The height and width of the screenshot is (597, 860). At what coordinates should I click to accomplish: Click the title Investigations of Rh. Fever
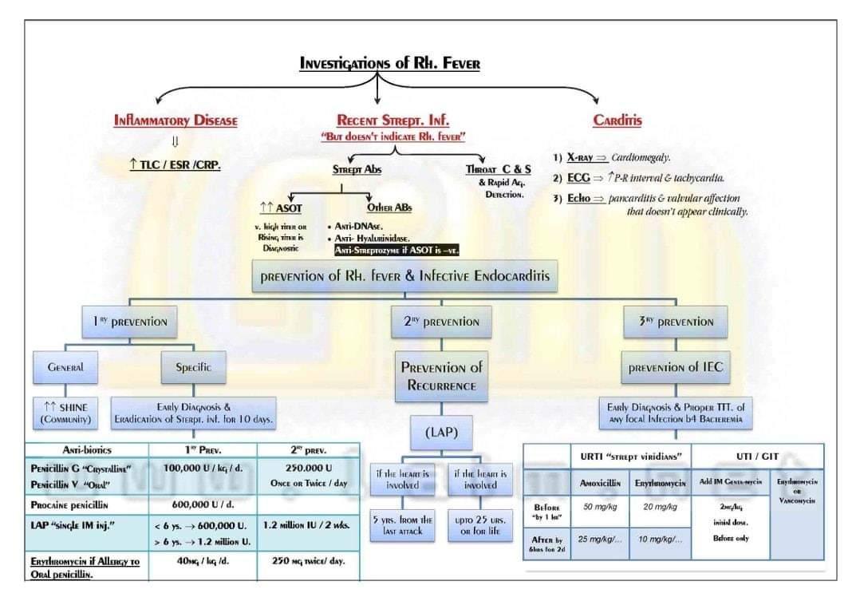coord(389,62)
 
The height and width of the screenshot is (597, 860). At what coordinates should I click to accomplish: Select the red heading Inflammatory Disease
coord(176,121)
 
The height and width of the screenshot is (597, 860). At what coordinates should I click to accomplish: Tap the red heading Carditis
coord(617,121)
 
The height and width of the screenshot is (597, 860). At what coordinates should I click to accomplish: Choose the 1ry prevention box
coord(128,322)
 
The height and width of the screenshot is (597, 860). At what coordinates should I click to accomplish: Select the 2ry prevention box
coord(440,322)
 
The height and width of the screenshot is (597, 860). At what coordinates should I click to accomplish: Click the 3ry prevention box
coord(675,322)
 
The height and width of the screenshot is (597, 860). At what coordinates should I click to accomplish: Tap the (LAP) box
coord(441,432)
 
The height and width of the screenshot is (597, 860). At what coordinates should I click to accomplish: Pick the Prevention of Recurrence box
coord(441,376)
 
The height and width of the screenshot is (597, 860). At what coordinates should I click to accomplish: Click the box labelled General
coord(65,368)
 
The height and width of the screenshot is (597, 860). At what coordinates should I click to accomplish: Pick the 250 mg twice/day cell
coord(307,560)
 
